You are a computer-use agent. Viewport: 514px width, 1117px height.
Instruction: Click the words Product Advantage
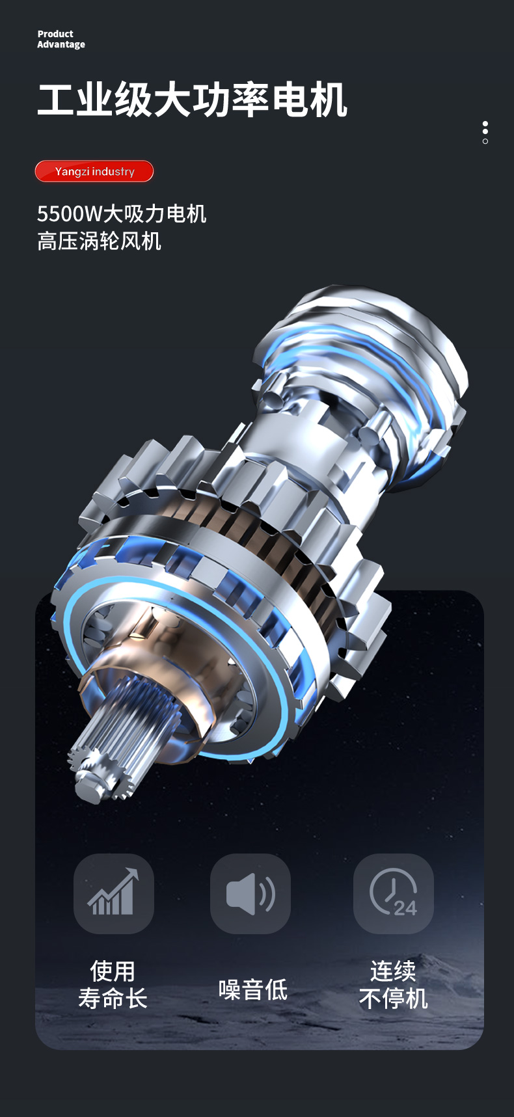61,39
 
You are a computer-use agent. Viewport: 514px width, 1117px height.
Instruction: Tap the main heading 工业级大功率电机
193,100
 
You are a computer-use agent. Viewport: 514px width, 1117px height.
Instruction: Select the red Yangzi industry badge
94,171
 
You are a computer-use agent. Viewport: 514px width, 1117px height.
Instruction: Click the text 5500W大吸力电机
122,213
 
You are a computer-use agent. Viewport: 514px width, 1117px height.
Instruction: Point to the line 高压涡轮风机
99,241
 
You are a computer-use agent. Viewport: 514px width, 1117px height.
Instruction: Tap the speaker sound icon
250,893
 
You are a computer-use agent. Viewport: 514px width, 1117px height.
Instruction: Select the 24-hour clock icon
394,892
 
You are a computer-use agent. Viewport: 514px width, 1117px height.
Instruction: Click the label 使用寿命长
113,984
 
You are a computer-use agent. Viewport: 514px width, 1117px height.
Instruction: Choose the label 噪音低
253,989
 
